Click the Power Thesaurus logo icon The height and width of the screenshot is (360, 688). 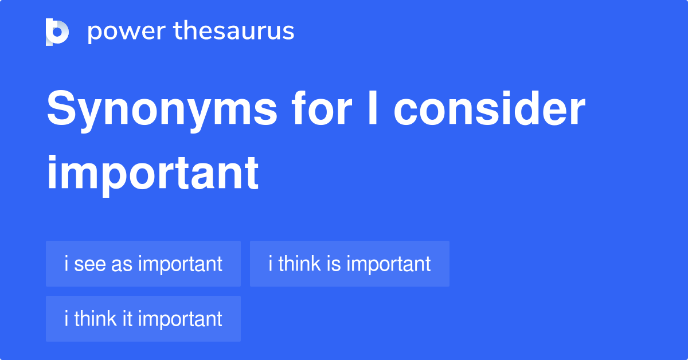pyautogui.click(x=57, y=32)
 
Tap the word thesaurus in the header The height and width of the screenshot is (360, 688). pyautogui.click(x=234, y=31)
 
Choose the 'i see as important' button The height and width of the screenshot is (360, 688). pyautogui.click(x=143, y=264)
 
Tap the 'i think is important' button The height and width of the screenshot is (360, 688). pyautogui.click(x=349, y=264)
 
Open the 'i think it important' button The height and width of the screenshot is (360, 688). pyautogui.click(x=143, y=319)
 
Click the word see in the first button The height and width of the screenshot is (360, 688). pyautogui.click(x=88, y=264)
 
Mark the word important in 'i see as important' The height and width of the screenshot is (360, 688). pyautogui.click(x=180, y=264)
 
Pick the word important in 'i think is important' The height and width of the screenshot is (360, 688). pyautogui.click(x=388, y=264)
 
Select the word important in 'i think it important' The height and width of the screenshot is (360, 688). pyautogui.click(x=180, y=319)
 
